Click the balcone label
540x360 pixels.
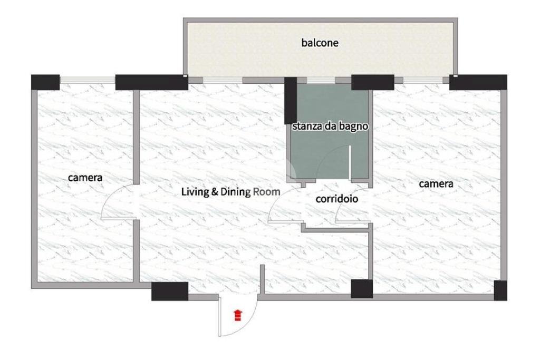click(320, 43)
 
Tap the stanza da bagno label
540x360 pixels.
click(330, 127)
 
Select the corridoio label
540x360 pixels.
click(337, 199)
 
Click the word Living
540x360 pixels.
click(195, 192)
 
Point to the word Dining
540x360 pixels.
click(236, 192)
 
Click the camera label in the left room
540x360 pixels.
click(85, 178)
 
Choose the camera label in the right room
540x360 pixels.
click(436, 184)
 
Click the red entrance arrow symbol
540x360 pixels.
click(238, 315)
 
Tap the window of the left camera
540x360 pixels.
click(88, 80)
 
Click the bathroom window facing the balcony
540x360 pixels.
click(321, 81)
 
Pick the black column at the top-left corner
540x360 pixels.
click(45, 82)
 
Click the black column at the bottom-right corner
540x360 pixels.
click(500, 290)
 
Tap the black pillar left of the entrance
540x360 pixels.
click(170, 291)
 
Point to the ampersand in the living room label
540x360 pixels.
click(215, 192)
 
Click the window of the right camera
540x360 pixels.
click(423, 81)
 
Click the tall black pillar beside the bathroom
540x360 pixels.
click(291, 101)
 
